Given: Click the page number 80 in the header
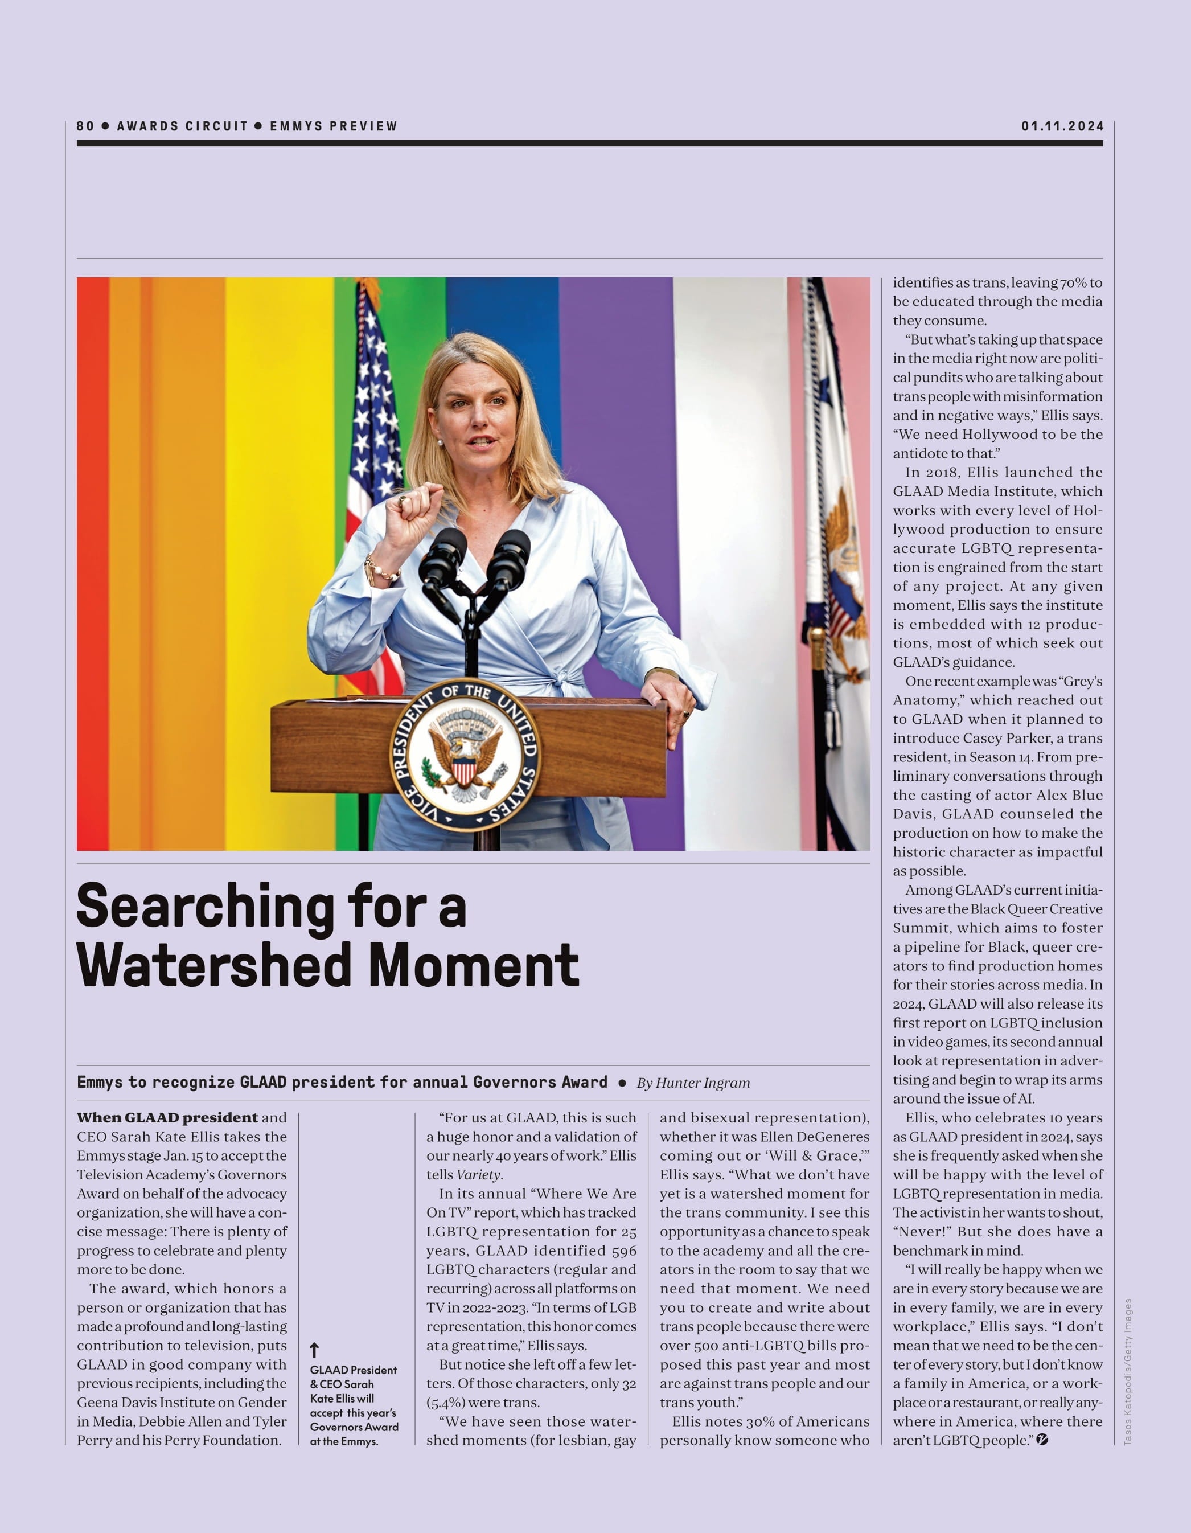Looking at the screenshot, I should pos(85,126).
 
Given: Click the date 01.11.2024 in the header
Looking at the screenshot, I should pos(1062,126).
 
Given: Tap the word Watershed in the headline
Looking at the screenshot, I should pos(217,966).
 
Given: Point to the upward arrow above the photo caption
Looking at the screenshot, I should pos(314,1349).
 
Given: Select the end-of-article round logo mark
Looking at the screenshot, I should pos(1042,1440).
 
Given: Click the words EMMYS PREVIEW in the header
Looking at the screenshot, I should pos(334,126).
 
